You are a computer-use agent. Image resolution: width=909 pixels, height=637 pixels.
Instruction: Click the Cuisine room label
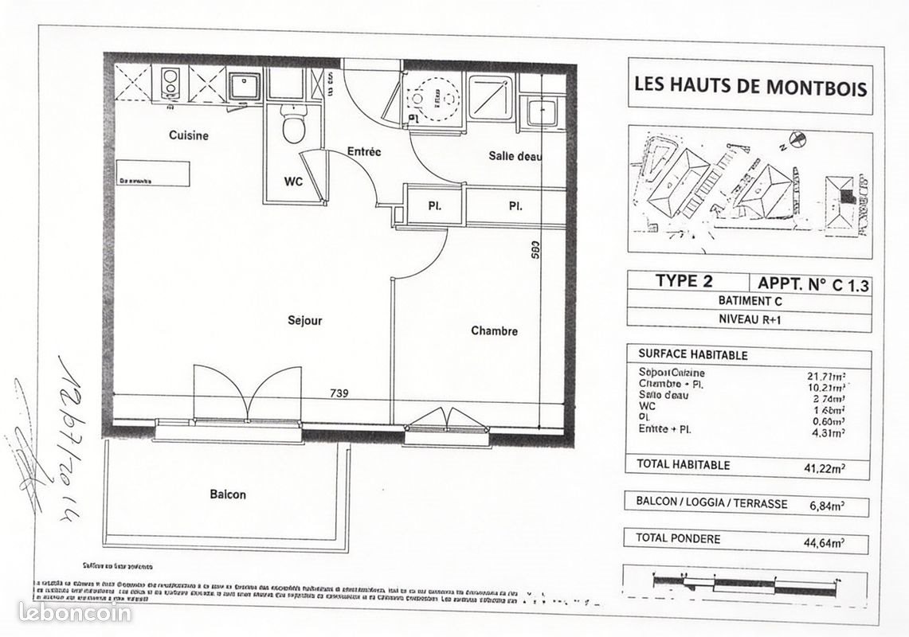189,135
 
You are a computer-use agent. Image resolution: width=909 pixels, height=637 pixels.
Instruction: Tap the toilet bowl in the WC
294,127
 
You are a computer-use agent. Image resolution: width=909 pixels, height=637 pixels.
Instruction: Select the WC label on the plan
294,182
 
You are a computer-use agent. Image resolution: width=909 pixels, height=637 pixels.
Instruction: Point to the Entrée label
364,151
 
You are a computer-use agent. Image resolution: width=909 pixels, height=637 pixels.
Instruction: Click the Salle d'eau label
515,156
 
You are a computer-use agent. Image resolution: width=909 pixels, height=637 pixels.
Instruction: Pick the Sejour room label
305,321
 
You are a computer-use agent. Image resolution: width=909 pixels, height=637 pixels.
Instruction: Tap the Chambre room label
494,331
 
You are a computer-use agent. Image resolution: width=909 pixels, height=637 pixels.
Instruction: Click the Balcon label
228,494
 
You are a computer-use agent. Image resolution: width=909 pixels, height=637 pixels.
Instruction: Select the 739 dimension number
339,393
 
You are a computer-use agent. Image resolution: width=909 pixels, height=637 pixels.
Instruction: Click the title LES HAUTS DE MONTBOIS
750,85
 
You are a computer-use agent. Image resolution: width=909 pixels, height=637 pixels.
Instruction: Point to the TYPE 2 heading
684,281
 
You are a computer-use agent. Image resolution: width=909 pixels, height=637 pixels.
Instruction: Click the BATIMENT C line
750,302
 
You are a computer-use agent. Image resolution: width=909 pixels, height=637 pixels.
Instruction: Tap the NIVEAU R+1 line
750,322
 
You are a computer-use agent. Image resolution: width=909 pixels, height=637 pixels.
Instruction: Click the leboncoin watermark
75,612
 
